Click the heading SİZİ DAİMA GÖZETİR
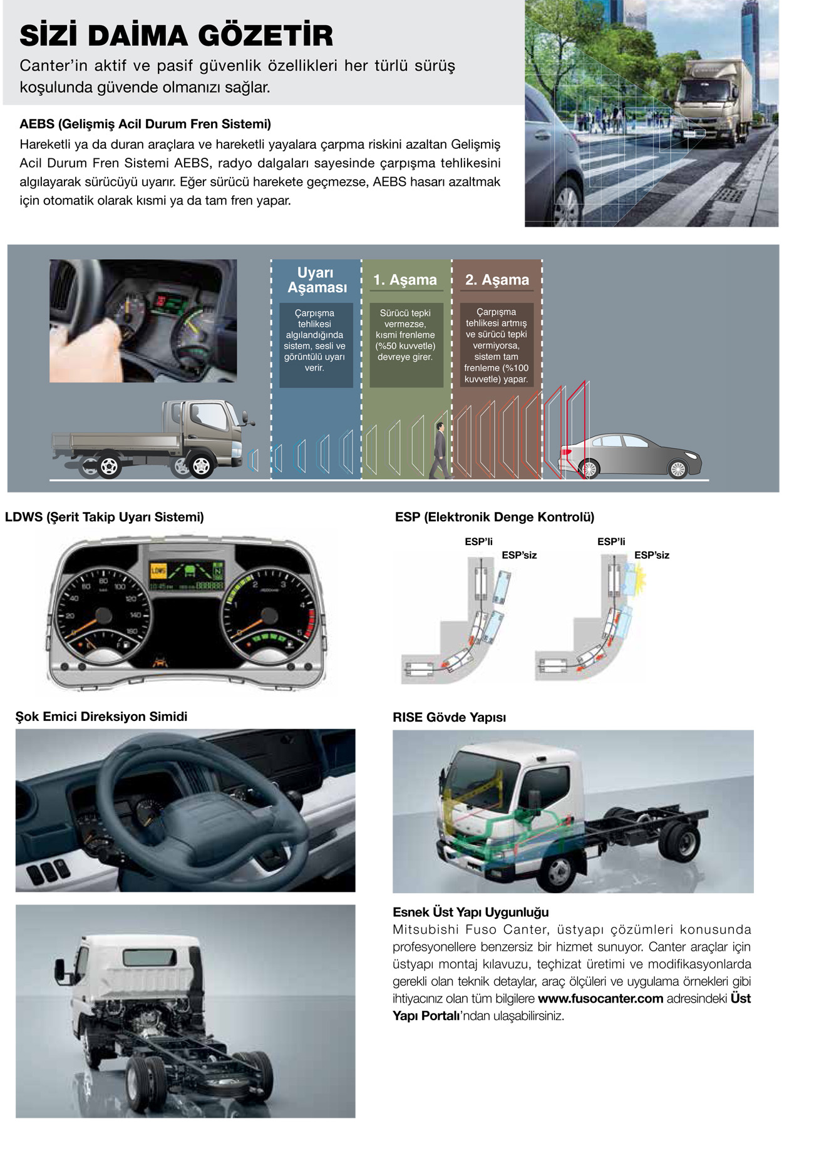coord(176,36)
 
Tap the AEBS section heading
coord(145,124)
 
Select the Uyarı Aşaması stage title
coord(316,280)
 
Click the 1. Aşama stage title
coord(405,280)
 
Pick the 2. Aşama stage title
coord(497,280)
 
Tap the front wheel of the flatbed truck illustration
coord(201,466)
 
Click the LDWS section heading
coord(105,517)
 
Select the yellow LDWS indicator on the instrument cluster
coord(158,571)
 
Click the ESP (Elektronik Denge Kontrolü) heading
coord(495,517)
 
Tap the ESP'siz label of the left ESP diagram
coord(519,555)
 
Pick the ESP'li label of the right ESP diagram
coord(611,542)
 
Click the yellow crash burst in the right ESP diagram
coord(639,579)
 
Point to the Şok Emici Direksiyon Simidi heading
coord(101,717)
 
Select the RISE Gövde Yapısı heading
coord(449,717)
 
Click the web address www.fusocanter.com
coord(600,998)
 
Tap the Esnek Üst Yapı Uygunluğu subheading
coord(470,912)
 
